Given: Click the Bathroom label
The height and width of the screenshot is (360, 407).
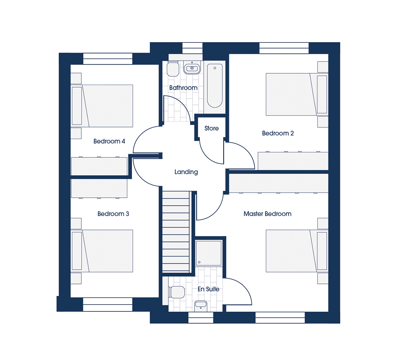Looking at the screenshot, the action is click(183, 88).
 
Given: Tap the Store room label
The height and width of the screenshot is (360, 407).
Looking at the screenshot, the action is click(212, 128).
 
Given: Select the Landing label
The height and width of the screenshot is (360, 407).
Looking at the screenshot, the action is click(186, 172).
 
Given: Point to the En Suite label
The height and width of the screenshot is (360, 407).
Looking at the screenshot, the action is click(208, 289).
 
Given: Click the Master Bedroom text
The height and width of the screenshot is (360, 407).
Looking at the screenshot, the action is click(267, 214).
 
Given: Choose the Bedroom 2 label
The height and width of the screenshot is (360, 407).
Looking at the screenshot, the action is click(278, 133).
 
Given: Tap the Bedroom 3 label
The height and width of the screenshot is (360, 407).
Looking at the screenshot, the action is click(113, 214).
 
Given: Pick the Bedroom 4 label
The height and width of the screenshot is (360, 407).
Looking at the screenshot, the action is click(109, 141).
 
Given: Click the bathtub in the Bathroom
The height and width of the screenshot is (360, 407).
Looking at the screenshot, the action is click(215, 86).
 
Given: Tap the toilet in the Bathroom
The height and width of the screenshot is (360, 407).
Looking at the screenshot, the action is click(173, 69).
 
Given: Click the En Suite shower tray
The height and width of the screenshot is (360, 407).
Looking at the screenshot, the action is click(209, 253).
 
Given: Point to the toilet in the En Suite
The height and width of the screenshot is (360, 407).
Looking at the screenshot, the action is click(177, 292).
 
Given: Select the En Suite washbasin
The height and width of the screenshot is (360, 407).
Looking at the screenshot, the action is click(201, 306).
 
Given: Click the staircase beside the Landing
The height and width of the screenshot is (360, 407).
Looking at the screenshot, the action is click(176, 232).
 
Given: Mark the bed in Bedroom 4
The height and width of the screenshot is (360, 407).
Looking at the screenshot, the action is click(102, 106).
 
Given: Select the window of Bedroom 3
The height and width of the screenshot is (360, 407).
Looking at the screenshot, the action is click(108, 304).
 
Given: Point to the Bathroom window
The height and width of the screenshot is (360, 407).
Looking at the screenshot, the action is click(192, 48).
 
